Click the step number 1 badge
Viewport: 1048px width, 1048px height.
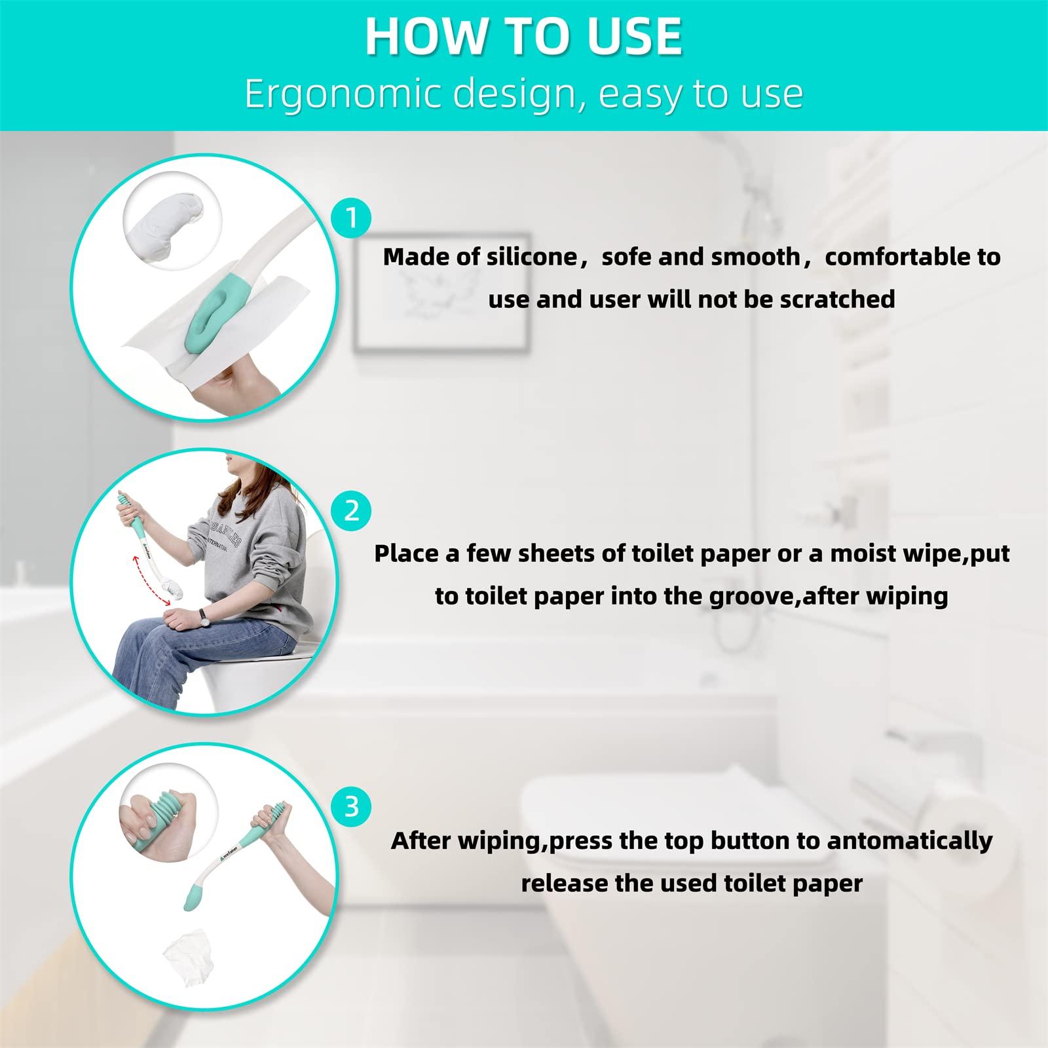[x=352, y=217]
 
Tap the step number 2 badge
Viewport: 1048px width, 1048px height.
[x=352, y=510]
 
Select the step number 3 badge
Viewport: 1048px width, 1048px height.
[x=352, y=806]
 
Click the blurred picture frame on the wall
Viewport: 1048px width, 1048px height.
[x=442, y=292]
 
